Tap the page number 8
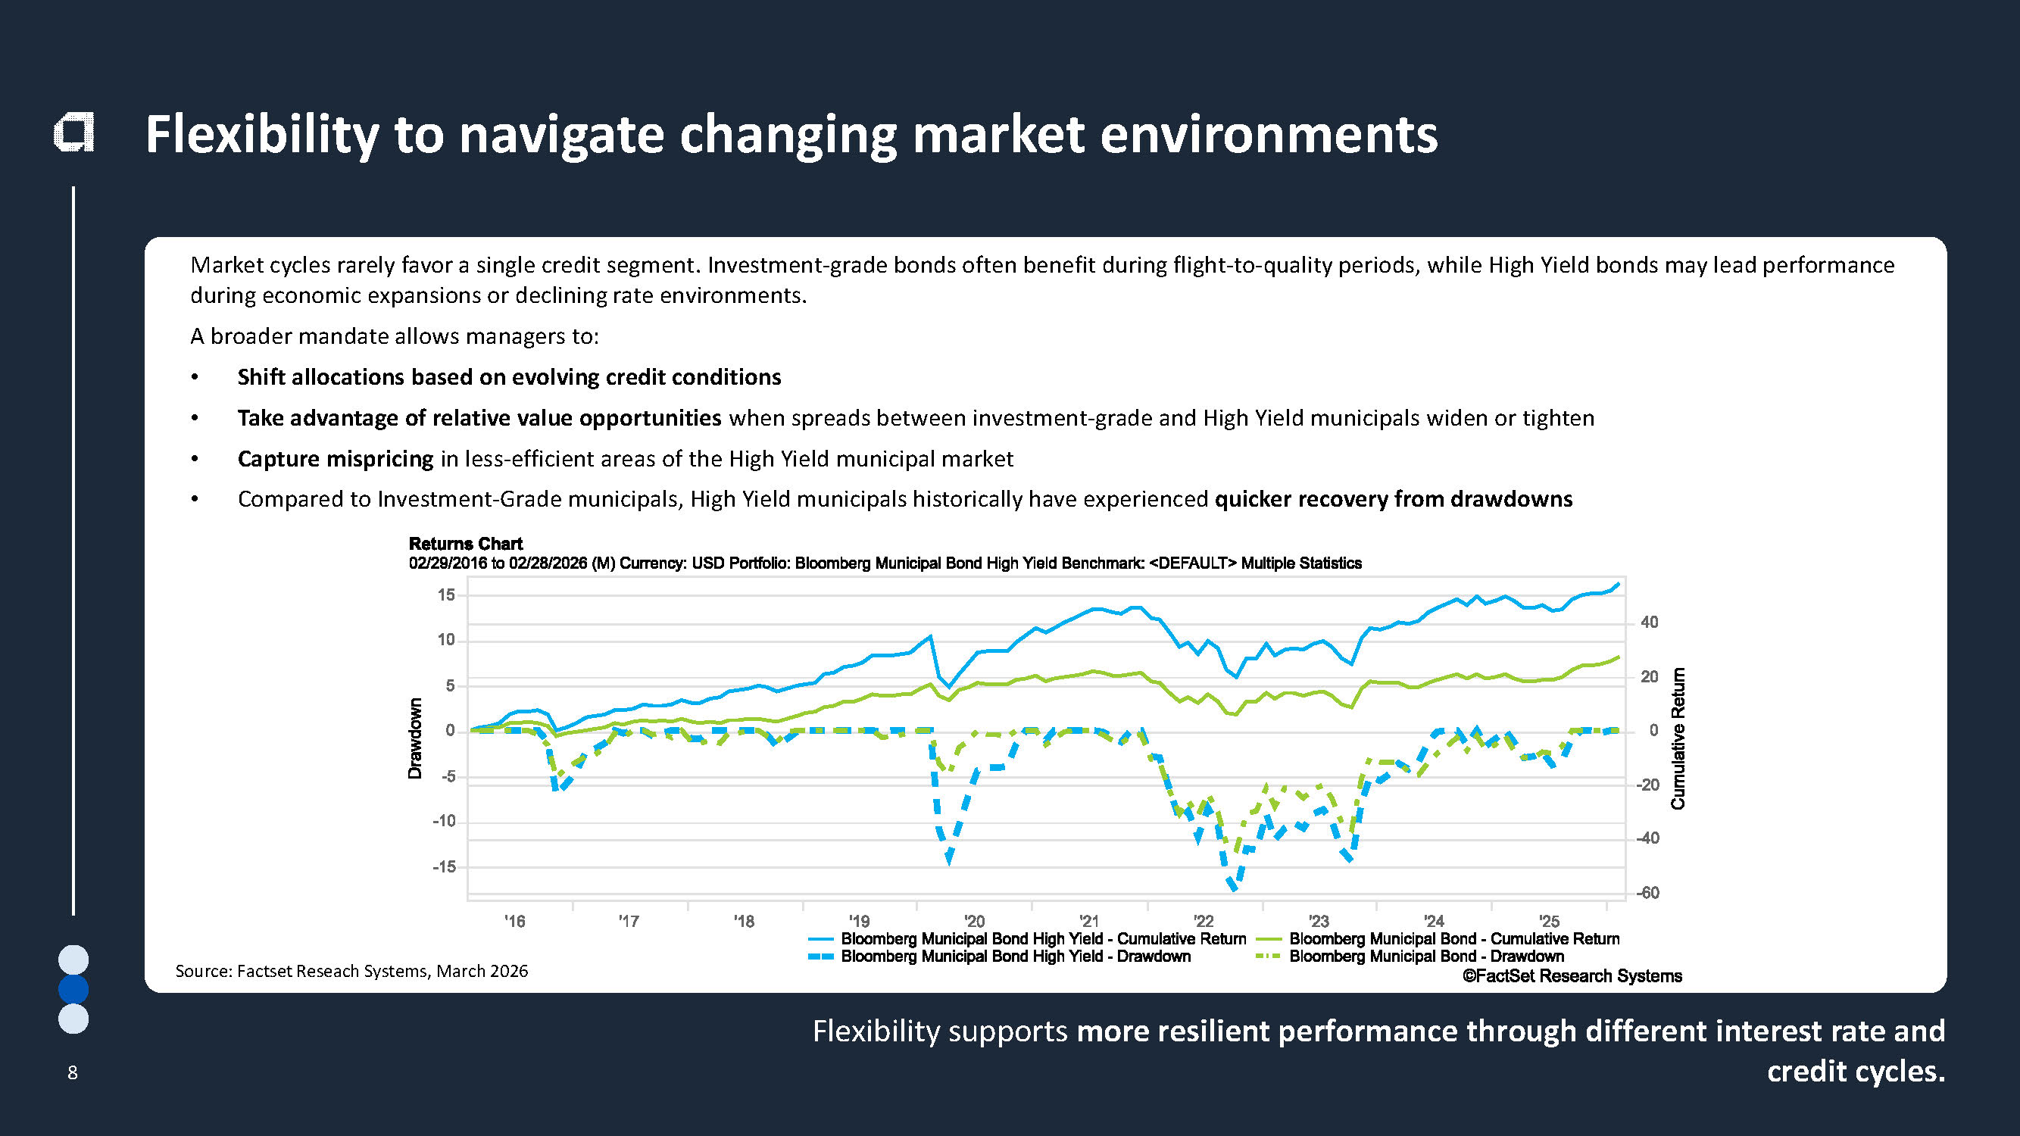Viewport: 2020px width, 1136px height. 73,1072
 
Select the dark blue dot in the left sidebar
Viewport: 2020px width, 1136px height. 73,989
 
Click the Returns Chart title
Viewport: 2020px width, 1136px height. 465,543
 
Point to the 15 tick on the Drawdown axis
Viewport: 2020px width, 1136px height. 446,595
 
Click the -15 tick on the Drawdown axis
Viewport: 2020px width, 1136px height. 444,866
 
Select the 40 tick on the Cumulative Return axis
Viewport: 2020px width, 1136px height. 1649,623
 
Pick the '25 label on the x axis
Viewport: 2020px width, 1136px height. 1549,921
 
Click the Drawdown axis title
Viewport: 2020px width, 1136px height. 415,738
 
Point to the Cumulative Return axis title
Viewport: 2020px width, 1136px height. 1678,738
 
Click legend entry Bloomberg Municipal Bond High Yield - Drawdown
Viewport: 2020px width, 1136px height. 1016,957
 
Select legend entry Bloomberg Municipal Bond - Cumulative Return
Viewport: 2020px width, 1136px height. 1453,938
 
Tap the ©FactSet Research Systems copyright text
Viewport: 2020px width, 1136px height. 1572,976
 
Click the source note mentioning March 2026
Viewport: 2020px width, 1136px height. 351,971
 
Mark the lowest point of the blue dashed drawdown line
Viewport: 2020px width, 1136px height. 1234,888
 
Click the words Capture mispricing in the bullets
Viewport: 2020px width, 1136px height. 335,459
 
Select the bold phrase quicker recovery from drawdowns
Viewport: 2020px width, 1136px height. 1394,499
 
